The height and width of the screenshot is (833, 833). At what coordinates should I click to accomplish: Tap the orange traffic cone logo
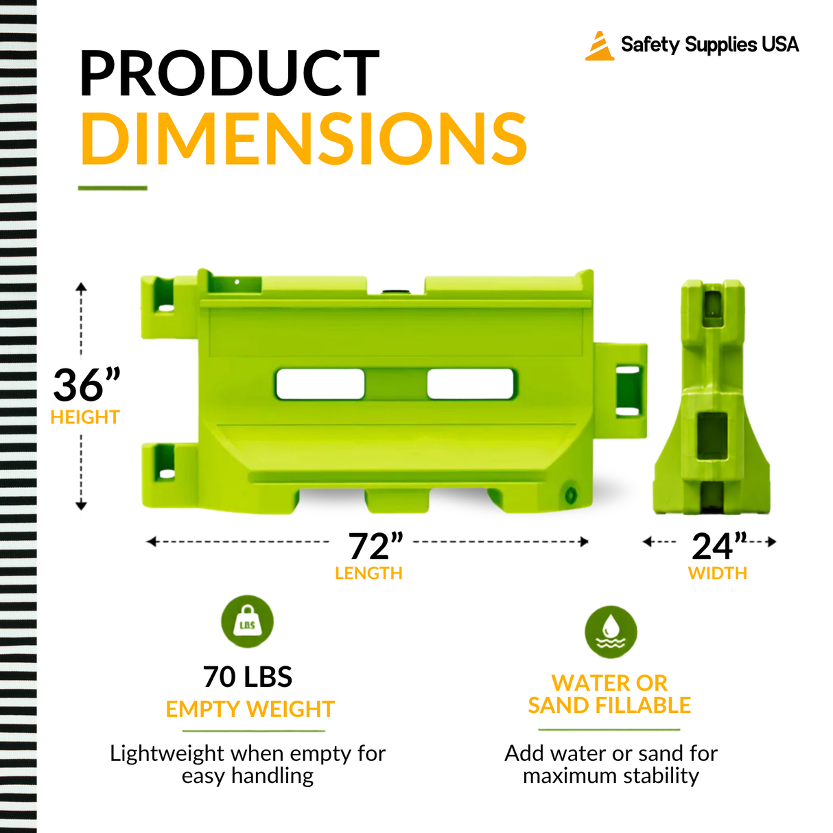pyautogui.click(x=600, y=45)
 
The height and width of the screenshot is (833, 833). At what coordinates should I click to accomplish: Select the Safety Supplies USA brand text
pyautogui.click(x=709, y=45)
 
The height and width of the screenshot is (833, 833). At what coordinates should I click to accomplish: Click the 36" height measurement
pyautogui.click(x=86, y=384)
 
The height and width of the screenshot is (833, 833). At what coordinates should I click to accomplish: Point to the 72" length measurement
pyautogui.click(x=375, y=546)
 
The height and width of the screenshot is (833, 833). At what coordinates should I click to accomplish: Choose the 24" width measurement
pyautogui.click(x=719, y=546)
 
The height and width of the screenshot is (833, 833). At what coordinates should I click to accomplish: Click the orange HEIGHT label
pyautogui.click(x=85, y=418)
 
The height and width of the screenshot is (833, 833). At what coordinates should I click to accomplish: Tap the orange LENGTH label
pyautogui.click(x=368, y=574)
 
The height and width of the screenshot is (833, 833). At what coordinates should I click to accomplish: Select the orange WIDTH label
pyautogui.click(x=718, y=574)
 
